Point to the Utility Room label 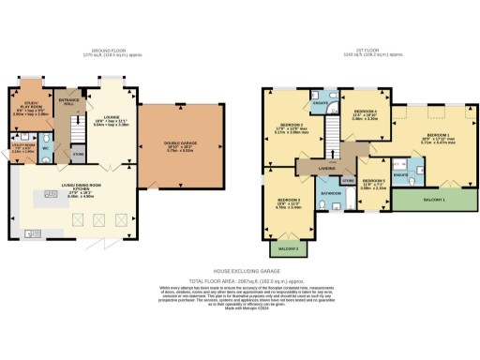coord(22,147)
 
